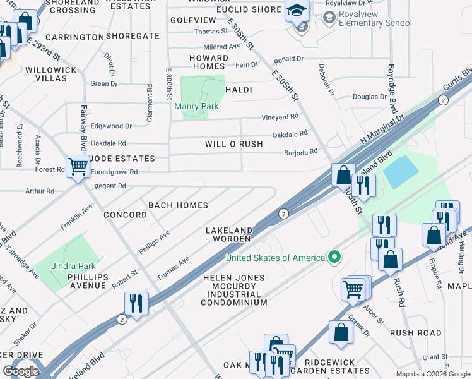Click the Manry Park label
[196, 106]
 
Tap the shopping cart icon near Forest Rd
[78, 167]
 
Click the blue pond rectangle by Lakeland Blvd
[400, 172]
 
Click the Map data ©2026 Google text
[432, 374]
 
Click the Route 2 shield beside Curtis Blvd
[443, 100]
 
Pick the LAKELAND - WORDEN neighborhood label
[229, 234]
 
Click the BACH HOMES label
[178, 205]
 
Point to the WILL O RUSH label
[233, 144]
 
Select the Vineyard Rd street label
[280, 117]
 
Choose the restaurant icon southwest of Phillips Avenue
[136, 303]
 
